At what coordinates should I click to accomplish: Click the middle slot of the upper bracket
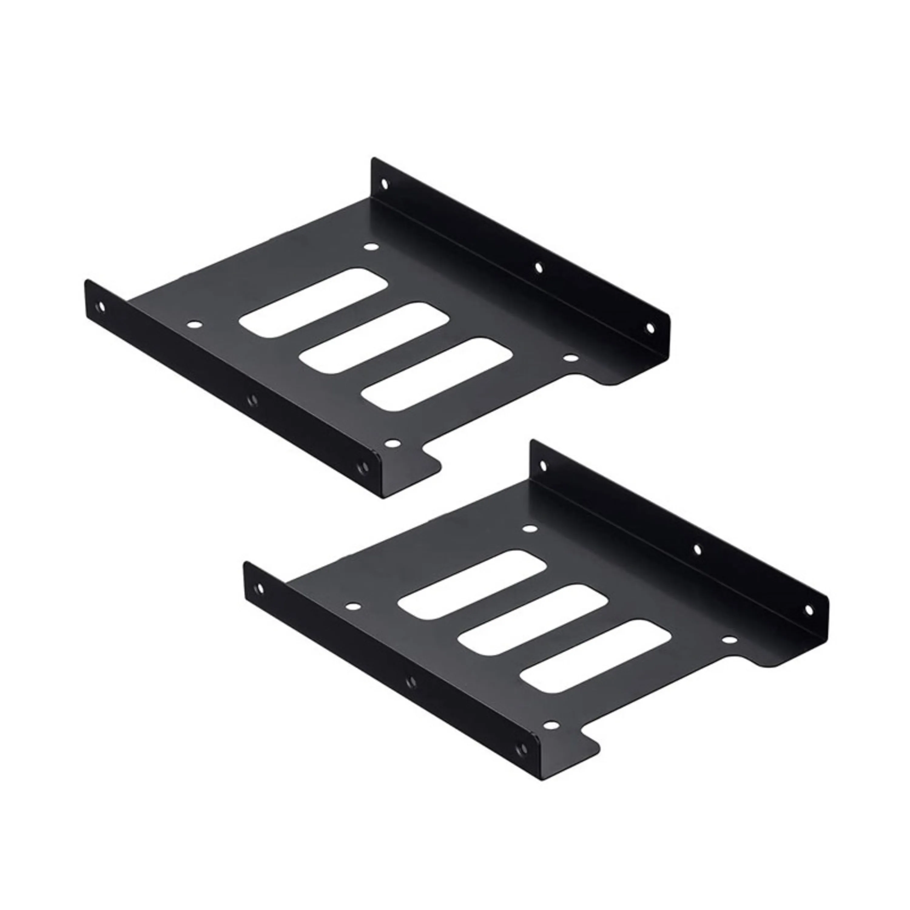(374, 339)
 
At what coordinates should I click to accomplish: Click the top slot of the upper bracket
(314, 303)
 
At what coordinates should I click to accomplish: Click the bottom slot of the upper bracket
(438, 374)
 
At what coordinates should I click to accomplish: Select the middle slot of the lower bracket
(533, 619)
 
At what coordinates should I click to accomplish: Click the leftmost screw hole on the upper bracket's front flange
(101, 307)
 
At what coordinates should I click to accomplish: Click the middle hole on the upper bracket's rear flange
(538, 268)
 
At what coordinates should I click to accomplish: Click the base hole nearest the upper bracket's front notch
(391, 443)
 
